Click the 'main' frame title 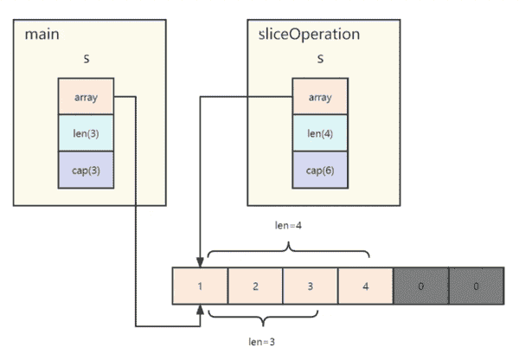42,35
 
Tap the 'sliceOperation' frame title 309,35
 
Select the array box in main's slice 86,96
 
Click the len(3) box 86,133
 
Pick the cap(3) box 86,170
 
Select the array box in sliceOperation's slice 320,96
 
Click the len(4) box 320,133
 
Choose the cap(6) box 320,170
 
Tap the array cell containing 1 200,286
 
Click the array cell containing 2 255,286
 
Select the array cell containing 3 311,286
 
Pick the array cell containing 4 365,286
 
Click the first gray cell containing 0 421,286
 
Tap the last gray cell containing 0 477,286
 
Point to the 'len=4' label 288,226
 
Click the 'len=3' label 262,342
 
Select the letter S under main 86,59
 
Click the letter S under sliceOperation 320,59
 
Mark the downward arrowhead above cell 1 200,262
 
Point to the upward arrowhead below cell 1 200,309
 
